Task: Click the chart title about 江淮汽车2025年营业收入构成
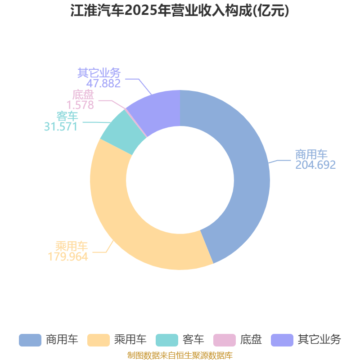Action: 180,11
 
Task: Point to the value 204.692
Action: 315,165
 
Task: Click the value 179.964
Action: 68,256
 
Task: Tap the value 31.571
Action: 61,126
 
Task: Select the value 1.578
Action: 81,105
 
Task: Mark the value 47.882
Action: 103,83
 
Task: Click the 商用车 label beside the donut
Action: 311,154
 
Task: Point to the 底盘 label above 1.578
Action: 83,94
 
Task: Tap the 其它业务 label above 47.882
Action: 99,73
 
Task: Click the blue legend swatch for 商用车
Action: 30,340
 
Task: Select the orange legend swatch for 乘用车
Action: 99,340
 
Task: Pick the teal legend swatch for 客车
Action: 167,340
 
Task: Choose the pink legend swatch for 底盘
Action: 225,340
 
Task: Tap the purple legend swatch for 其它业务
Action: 282,340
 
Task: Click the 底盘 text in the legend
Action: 251,340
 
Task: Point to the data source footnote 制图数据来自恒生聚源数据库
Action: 180,355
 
